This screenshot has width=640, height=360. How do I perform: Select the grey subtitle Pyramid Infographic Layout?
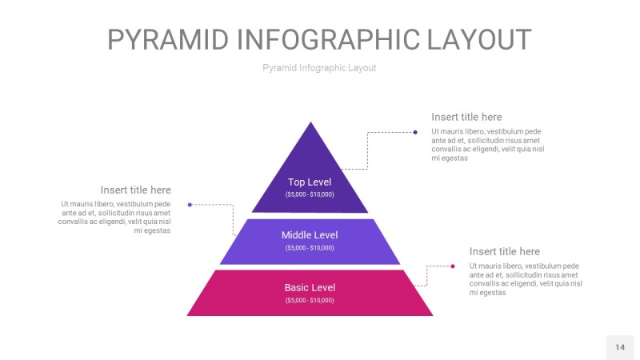pos(319,68)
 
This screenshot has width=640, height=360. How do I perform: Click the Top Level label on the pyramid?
pos(310,182)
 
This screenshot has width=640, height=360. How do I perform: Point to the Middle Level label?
pos(310,235)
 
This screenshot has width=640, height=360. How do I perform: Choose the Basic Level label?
pos(310,288)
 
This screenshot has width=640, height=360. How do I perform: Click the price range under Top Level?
pos(310,194)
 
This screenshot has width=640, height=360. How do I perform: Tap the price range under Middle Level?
pos(310,248)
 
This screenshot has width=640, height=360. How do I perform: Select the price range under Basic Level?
pos(310,301)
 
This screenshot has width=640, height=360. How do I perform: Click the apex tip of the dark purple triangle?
pos(310,123)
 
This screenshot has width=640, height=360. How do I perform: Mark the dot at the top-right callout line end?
pos(415,132)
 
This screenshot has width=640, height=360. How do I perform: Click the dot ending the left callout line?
pos(190,205)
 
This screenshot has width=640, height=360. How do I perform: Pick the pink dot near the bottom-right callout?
pos(452,266)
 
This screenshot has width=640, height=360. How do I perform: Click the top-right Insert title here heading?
pos(466,117)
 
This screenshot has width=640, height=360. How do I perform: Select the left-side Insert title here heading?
pos(135,190)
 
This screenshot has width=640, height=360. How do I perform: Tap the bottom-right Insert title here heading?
pos(504,251)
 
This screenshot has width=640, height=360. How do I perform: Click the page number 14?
pos(620,347)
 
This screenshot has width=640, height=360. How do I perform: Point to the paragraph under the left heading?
pos(115,218)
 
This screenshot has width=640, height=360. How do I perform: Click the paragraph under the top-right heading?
pos(487,145)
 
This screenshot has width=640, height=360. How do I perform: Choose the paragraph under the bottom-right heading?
pos(525,279)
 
